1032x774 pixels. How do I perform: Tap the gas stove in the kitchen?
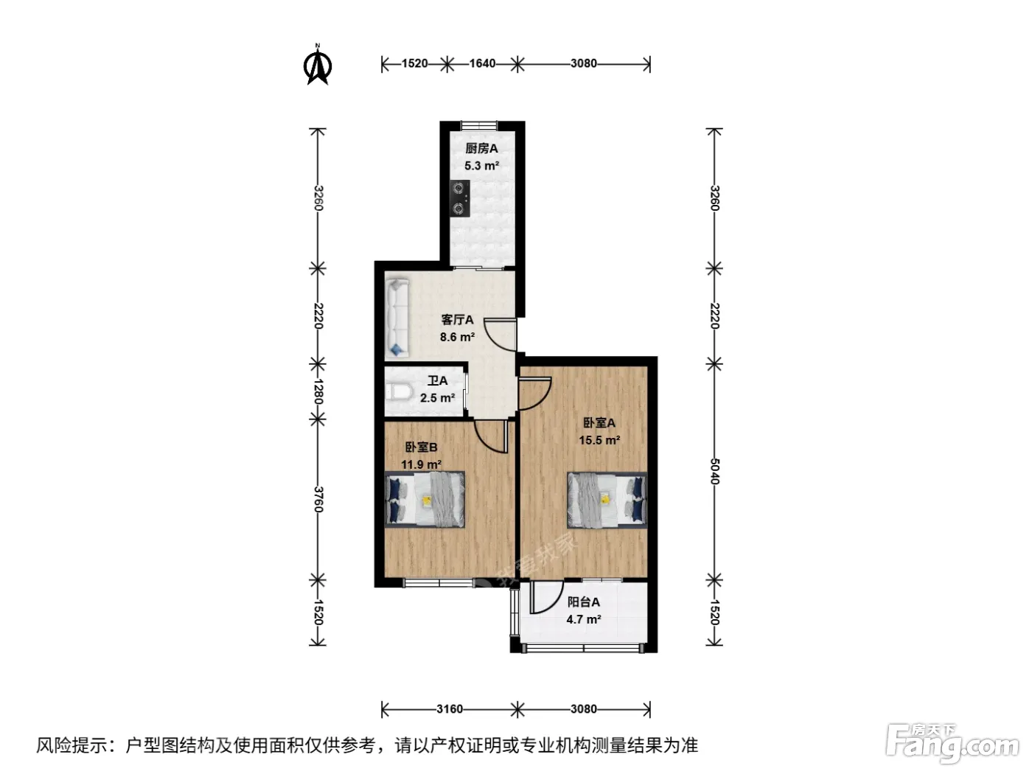pos(459,199)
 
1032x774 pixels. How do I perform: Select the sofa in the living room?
pos(398,317)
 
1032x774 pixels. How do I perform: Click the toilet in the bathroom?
pos(400,392)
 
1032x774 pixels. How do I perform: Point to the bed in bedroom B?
pos(425,500)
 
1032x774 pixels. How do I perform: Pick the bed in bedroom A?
pos(607,500)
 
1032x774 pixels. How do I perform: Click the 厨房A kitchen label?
pos(481,148)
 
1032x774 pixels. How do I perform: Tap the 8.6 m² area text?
pos(457,337)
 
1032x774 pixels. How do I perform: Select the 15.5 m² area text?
pos(599,440)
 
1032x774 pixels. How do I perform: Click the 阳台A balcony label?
pos(584,602)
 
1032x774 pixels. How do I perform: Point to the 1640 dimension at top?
pos(482,63)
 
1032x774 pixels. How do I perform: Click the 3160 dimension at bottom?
pos(450,708)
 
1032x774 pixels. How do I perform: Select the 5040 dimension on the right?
pos(714,471)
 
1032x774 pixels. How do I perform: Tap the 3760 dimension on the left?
pos(318,499)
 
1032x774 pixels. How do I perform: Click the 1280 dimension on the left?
pos(318,391)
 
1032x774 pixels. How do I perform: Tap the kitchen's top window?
pos(478,125)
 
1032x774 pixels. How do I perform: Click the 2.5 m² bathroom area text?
pos(437,398)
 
